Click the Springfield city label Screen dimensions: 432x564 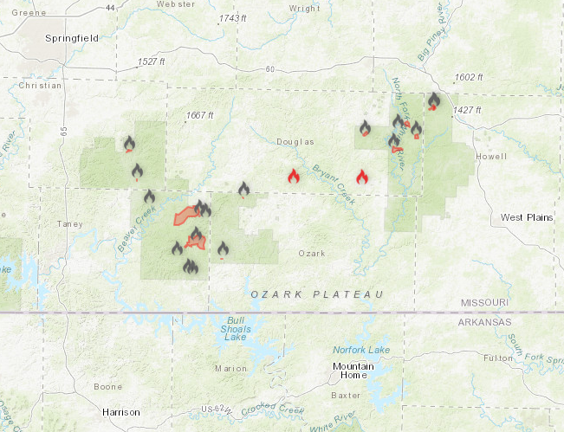[72, 38]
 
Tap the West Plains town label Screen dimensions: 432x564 [526, 217]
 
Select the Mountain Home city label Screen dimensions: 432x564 [354, 371]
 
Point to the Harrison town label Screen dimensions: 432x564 [120, 412]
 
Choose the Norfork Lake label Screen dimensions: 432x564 [362, 350]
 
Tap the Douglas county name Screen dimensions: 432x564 [295, 142]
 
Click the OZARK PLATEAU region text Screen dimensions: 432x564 [317, 295]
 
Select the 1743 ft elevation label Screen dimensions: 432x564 [233, 18]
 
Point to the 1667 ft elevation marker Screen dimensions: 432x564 [199, 116]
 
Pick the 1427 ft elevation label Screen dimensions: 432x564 [466, 110]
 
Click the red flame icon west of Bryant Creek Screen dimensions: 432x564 [294, 177]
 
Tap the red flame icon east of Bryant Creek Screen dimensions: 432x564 [362, 177]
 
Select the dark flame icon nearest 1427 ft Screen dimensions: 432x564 [434, 100]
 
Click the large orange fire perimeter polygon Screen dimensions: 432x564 [184, 215]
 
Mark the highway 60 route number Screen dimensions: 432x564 [269, 69]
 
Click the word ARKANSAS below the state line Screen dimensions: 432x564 [485, 322]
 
